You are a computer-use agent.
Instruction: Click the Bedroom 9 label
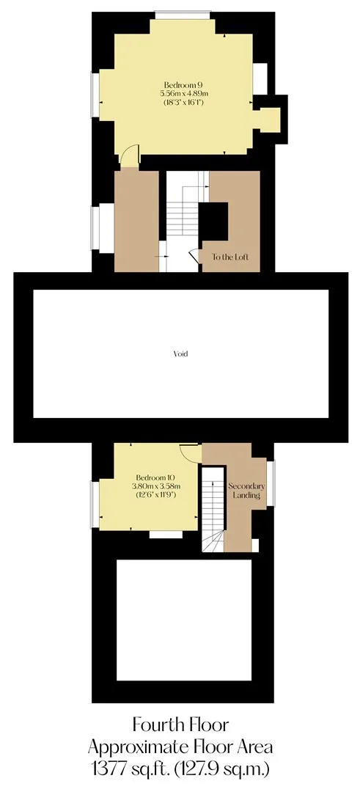183,84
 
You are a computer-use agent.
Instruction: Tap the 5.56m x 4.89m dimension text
184,93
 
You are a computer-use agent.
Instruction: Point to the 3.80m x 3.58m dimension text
157,486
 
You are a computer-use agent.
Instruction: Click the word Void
180,353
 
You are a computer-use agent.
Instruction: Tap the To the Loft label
229,257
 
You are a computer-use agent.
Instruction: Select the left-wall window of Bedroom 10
95,505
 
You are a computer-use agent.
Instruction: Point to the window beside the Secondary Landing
271,483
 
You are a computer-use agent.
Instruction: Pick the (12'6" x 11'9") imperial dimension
157,495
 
